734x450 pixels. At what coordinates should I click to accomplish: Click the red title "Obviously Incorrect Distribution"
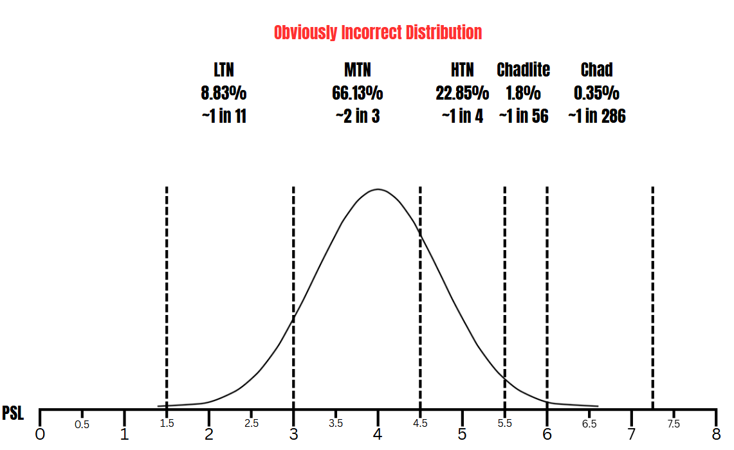(378, 32)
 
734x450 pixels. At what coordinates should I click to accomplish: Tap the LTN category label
(223, 69)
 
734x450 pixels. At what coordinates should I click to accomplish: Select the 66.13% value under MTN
(358, 93)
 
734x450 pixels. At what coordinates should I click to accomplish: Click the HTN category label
(462, 69)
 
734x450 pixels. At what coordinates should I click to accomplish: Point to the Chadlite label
(524, 69)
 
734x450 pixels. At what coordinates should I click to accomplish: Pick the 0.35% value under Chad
(596, 93)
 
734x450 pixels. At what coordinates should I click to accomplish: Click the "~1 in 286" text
(596, 116)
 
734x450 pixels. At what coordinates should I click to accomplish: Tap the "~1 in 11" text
(223, 116)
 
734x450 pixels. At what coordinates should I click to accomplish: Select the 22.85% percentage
(462, 93)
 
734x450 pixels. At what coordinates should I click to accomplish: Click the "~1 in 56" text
(524, 116)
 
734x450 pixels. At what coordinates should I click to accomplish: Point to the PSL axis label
(13, 413)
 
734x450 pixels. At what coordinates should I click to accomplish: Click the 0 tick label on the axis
(41, 435)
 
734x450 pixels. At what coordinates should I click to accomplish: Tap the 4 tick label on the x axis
(378, 435)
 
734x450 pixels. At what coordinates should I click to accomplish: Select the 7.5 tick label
(674, 424)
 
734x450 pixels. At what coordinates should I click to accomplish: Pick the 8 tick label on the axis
(716, 435)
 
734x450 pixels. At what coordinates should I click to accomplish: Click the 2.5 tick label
(252, 424)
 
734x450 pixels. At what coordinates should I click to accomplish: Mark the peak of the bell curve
(378, 189)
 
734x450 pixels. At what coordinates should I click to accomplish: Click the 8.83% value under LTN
(223, 93)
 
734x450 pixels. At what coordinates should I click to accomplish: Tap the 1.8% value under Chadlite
(524, 93)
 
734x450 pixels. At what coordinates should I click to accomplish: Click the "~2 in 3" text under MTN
(358, 116)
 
